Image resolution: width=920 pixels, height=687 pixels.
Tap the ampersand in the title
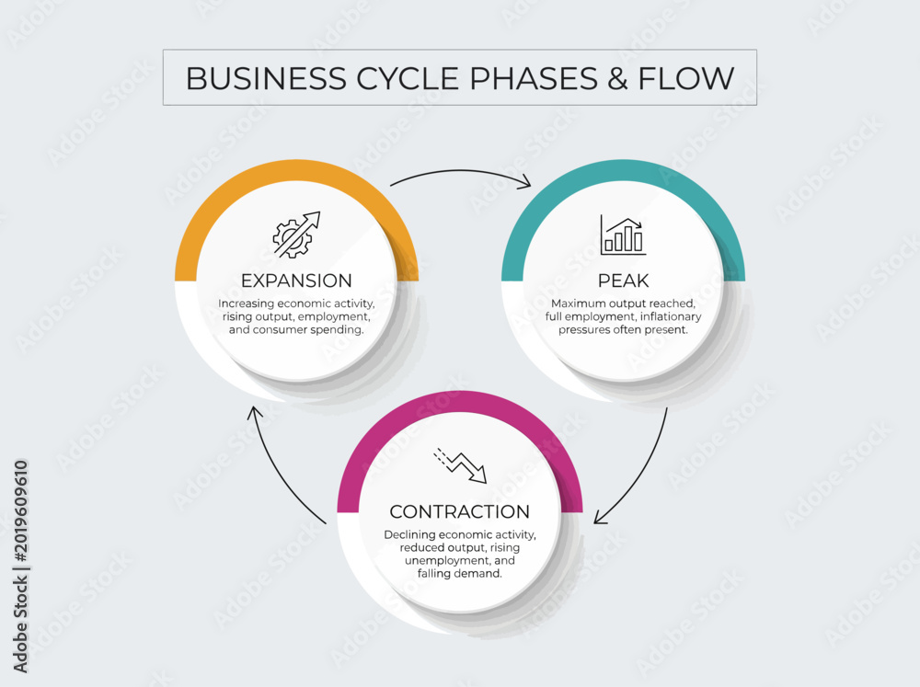pyautogui.click(x=617, y=78)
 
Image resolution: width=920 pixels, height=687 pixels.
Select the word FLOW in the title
pyautogui.click(x=686, y=78)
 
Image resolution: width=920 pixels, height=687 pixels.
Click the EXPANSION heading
pyautogui.click(x=296, y=281)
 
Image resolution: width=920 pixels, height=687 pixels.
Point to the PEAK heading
pyautogui.click(x=623, y=281)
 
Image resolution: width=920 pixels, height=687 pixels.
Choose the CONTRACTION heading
pyautogui.click(x=459, y=511)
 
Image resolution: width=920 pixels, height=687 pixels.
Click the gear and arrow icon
pyautogui.click(x=296, y=235)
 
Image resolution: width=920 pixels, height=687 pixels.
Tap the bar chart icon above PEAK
pyautogui.click(x=623, y=235)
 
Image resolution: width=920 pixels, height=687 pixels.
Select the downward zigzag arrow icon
pyautogui.click(x=460, y=466)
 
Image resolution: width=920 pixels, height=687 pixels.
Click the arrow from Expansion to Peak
pyautogui.click(x=461, y=171)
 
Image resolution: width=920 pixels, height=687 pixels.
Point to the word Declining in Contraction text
pyautogui.click(x=409, y=535)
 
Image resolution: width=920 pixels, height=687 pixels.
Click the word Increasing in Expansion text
pyautogui.click(x=247, y=303)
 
